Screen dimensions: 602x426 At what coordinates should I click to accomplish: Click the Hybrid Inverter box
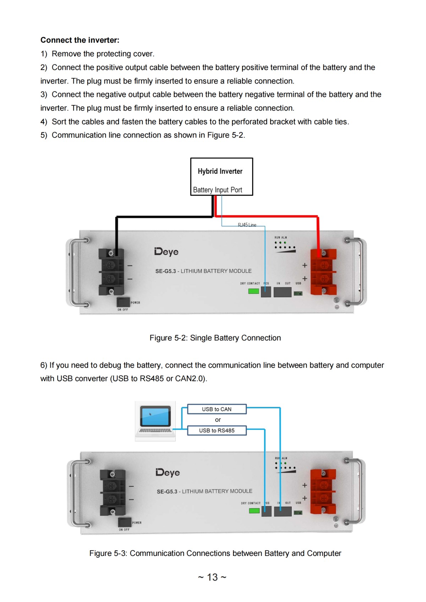222,177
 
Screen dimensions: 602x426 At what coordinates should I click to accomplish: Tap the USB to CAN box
217,409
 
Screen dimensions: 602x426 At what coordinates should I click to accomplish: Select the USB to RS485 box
217,430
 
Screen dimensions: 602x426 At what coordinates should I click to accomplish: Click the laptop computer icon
155,421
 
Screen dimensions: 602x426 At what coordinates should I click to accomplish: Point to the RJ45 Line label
247,225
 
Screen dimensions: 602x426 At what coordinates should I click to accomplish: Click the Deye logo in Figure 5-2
166,252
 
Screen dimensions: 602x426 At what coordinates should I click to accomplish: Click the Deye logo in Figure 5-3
168,472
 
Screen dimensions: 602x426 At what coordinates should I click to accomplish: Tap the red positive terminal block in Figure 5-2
323,272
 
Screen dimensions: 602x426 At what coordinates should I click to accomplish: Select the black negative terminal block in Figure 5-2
111,272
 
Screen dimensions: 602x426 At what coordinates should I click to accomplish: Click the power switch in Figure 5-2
123,302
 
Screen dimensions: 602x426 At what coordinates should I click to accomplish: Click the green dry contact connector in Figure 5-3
254,511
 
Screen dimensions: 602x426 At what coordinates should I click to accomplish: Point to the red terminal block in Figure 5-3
323,492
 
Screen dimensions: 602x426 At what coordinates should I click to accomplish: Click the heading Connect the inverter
80,40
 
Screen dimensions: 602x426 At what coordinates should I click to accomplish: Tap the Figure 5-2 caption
215,338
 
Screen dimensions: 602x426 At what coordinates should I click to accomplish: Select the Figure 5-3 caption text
215,553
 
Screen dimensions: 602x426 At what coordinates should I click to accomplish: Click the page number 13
212,577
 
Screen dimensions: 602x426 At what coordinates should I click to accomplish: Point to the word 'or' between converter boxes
218,420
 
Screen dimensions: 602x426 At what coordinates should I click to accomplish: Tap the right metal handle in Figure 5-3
359,492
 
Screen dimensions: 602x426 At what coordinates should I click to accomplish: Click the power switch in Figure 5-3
125,522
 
